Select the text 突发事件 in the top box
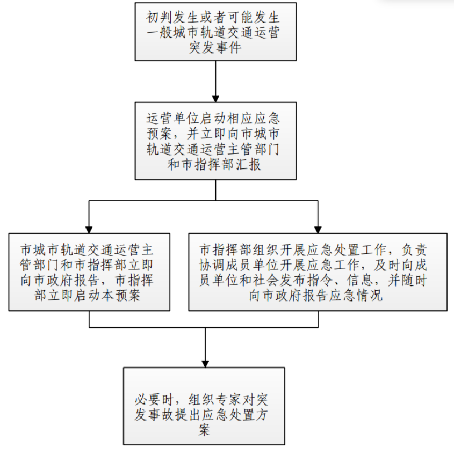tap(215, 48)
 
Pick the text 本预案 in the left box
tap(121, 296)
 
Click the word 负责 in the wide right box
tap(414, 250)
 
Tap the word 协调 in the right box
tap(212, 265)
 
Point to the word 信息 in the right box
tap(360, 280)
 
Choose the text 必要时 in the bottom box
tap(154, 400)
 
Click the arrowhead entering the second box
tap(215, 99)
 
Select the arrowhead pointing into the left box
tap(89, 230)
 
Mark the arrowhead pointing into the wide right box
tap(318, 230)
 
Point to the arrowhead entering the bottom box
tap(205, 364)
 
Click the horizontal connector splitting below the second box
tap(204, 200)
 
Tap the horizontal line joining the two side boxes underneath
tap(204, 328)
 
